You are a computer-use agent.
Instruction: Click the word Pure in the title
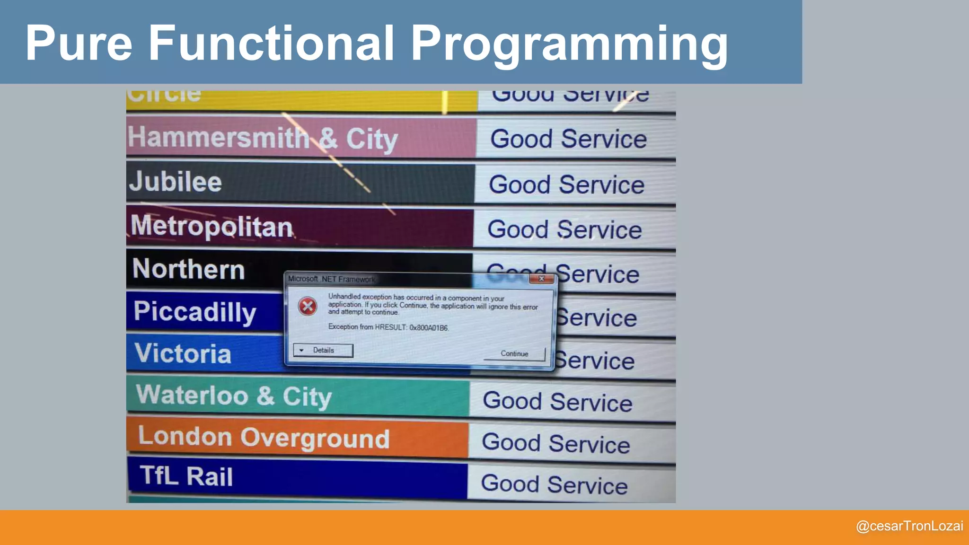(x=79, y=44)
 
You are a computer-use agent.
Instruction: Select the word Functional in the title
(x=271, y=44)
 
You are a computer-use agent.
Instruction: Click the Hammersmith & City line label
(x=263, y=139)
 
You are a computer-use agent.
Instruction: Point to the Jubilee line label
(x=176, y=182)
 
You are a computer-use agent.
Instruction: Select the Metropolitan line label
(x=211, y=227)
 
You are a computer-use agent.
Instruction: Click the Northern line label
(x=188, y=269)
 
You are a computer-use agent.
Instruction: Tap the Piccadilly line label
(x=194, y=312)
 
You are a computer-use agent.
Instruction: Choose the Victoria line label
(x=183, y=353)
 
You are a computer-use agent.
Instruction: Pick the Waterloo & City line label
(x=234, y=396)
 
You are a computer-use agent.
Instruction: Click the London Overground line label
(x=264, y=438)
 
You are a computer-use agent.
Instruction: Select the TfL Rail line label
(x=186, y=476)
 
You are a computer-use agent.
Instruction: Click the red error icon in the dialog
(x=308, y=307)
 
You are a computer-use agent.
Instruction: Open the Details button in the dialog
(x=323, y=351)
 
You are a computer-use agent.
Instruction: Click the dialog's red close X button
(x=542, y=279)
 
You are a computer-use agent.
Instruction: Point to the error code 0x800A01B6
(x=429, y=328)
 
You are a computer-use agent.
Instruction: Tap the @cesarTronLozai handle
(x=909, y=526)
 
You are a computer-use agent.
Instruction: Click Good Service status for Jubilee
(x=566, y=185)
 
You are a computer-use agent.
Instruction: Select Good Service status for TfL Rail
(x=554, y=484)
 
